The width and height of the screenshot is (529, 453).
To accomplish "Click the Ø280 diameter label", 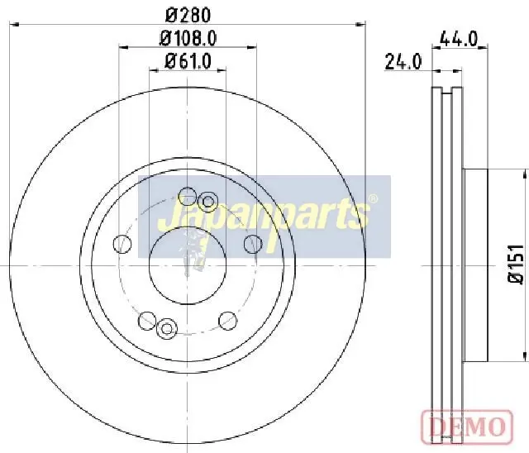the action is pyautogui.click(x=189, y=15).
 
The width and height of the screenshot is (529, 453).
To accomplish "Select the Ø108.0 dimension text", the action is pyautogui.click(x=188, y=39).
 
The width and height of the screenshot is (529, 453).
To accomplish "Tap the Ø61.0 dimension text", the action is pyautogui.click(x=188, y=61).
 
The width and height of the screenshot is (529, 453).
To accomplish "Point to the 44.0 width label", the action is pyautogui.click(x=460, y=39).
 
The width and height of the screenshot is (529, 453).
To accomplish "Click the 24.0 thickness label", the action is pyautogui.click(x=403, y=61).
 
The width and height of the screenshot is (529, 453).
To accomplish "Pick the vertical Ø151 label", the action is pyautogui.click(x=516, y=264).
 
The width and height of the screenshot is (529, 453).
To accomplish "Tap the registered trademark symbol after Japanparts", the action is pyautogui.click(x=373, y=198).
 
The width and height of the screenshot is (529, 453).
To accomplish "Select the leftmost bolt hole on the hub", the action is pyautogui.click(x=122, y=244).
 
